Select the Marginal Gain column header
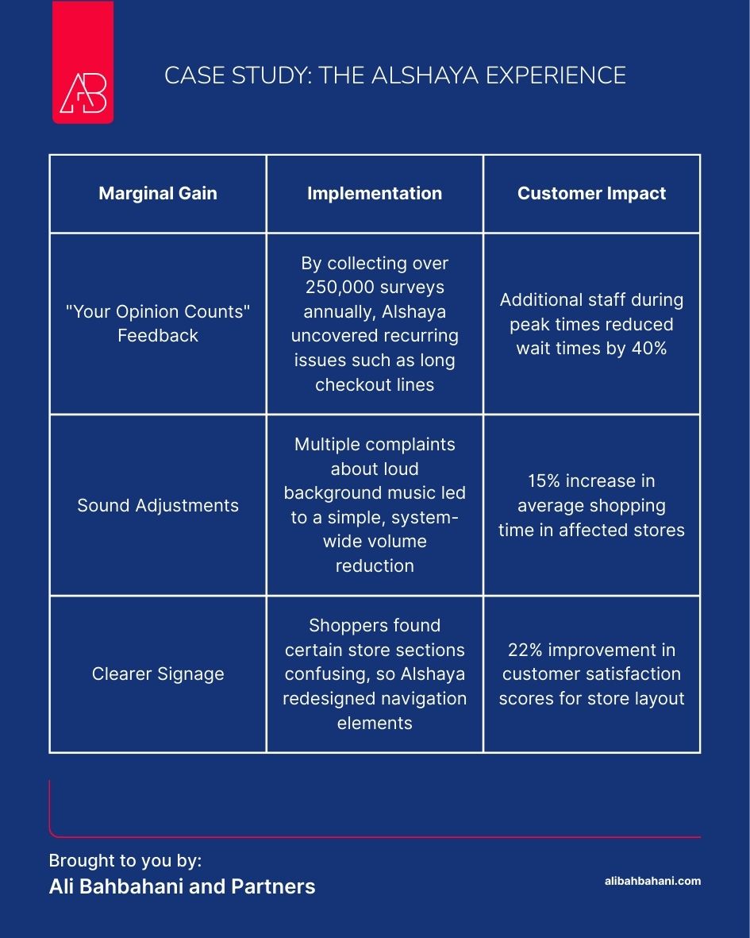(x=158, y=193)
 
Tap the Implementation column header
(x=375, y=193)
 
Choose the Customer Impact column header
(x=591, y=193)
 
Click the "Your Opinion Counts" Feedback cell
(x=158, y=323)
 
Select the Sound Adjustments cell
(x=158, y=505)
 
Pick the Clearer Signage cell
(x=158, y=674)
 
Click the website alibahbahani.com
(x=652, y=881)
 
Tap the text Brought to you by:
(x=125, y=861)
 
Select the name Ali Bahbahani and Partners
(x=182, y=886)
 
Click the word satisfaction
(x=631, y=674)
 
